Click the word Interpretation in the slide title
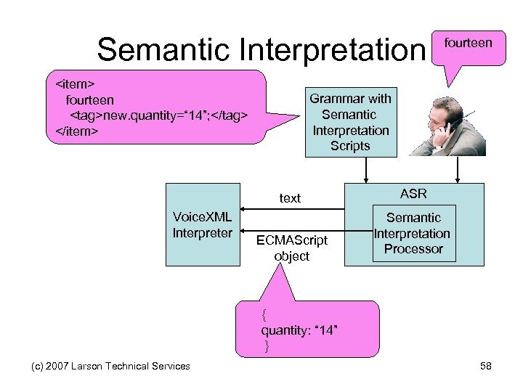pyautogui.click(x=339, y=49)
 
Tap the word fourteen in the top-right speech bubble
pyautogui.click(x=468, y=43)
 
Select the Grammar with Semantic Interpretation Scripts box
pyautogui.click(x=350, y=122)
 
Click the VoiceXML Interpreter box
pyautogui.click(x=203, y=225)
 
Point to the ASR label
pyautogui.click(x=413, y=194)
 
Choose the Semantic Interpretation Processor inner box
pyautogui.click(x=413, y=233)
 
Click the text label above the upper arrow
pyautogui.click(x=290, y=198)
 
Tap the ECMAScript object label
pyautogui.click(x=292, y=248)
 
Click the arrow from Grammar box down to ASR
pyautogui.click(x=367, y=170)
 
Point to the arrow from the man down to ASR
pyautogui.click(x=458, y=170)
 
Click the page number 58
pyautogui.click(x=486, y=366)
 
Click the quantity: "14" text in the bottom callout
pyautogui.click(x=299, y=331)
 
